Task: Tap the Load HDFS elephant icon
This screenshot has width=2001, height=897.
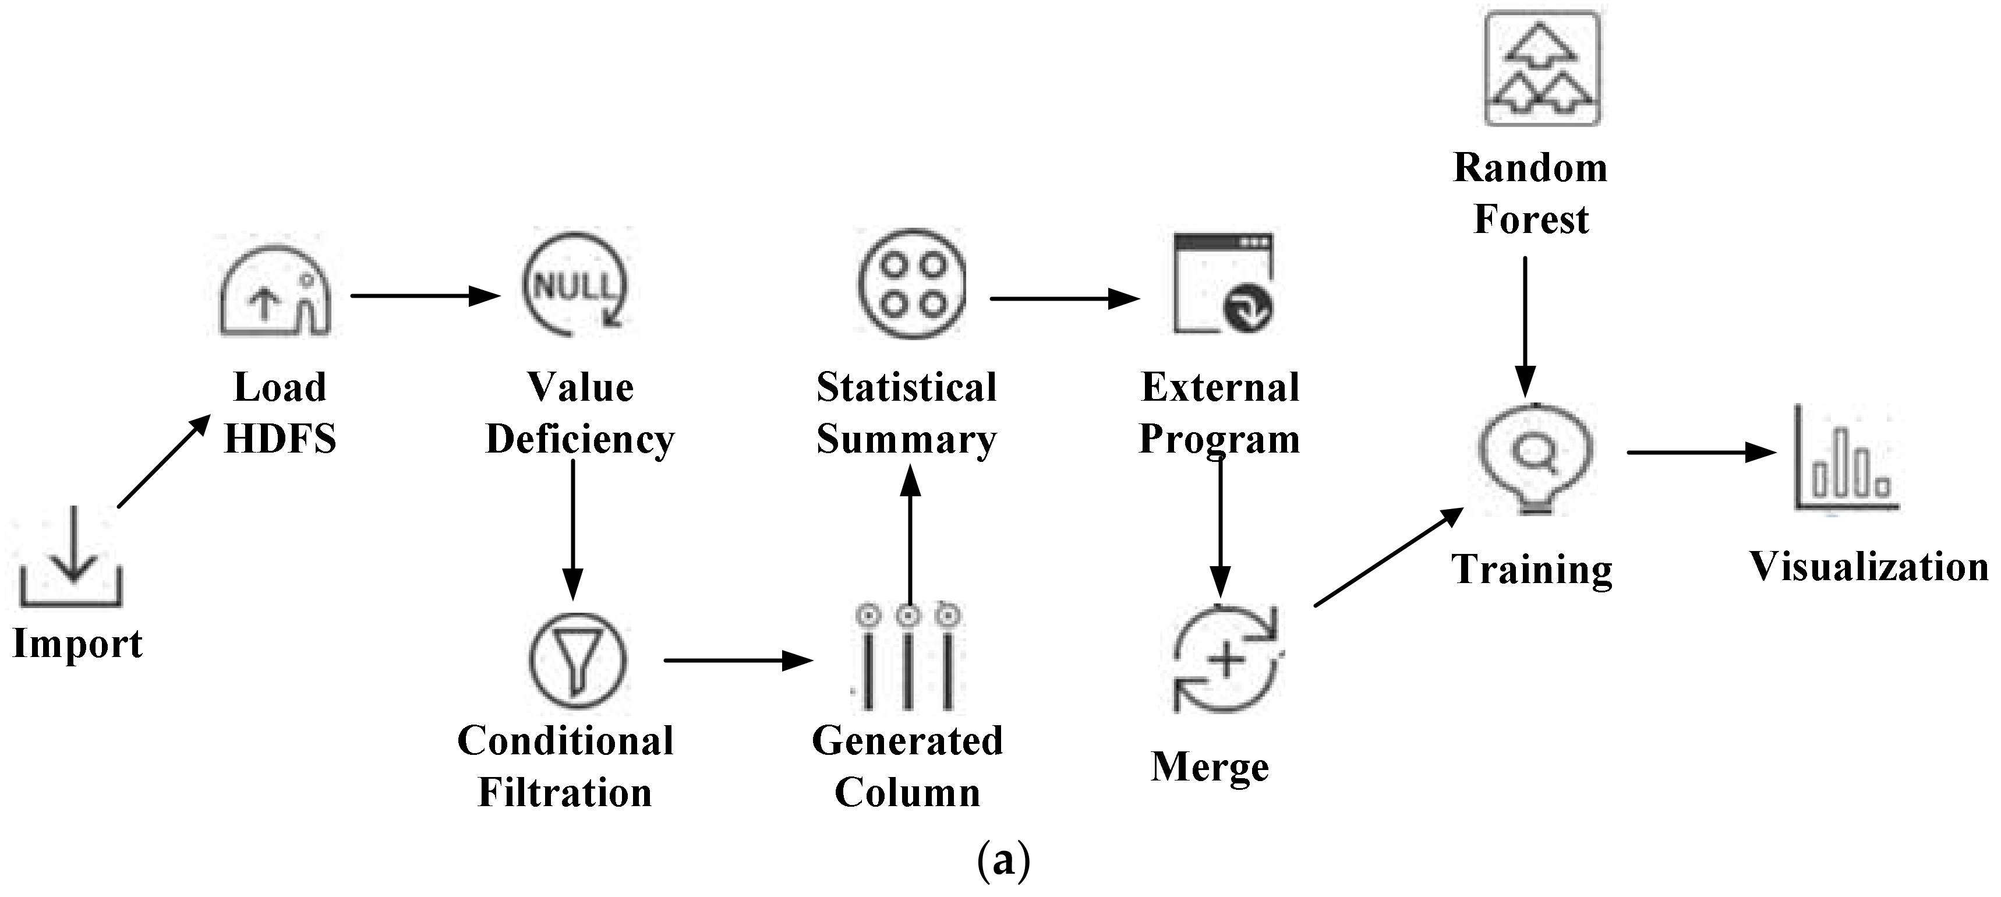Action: pos(276,292)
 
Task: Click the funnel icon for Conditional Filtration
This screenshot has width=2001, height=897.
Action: pos(577,659)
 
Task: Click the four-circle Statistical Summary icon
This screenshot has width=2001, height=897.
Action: pos(912,282)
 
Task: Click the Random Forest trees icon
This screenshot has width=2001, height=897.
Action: pos(1541,68)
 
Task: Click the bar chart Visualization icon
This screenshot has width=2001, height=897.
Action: pos(1846,462)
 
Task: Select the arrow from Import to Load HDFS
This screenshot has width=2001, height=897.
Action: pos(163,461)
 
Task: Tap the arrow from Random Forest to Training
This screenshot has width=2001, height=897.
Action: pos(1525,326)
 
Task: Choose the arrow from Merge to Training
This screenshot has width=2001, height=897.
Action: pos(1388,557)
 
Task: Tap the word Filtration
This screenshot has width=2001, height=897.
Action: pos(565,793)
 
